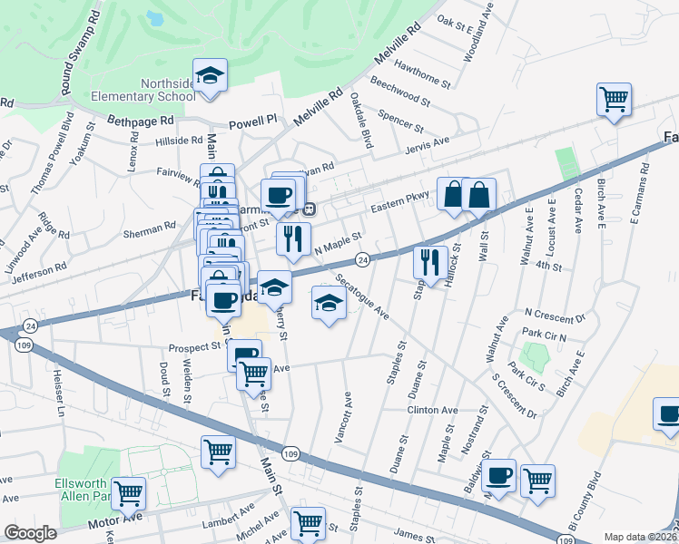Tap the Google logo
pyautogui.click(x=31, y=533)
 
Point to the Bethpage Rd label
pyautogui.click(x=139, y=120)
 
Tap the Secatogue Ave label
pyautogui.click(x=360, y=297)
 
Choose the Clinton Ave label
pyautogui.click(x=431, y=410)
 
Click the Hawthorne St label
pyautogui.click(x=423, y=71)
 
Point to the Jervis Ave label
pyautogui.click(x=428, y=143)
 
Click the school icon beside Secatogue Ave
pyautogui.click(x=329, y=302)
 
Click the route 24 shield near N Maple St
pyautogui.click(x=361, y=259)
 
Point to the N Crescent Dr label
pyautogui.click(x=556, y=316)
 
